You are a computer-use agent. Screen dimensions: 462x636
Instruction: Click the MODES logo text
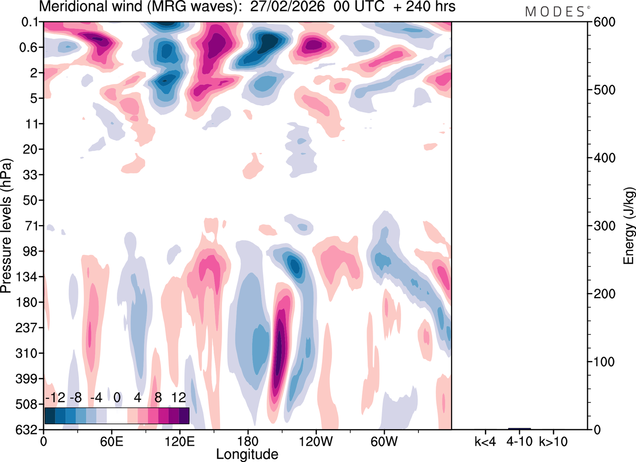(555, 11)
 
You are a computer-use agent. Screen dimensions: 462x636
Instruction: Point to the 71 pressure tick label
(31, 226)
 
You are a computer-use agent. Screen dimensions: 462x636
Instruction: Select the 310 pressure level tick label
(28, 353)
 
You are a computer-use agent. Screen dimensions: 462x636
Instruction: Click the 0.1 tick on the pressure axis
(31, 22)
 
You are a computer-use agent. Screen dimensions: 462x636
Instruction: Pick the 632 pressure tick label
(28, 430)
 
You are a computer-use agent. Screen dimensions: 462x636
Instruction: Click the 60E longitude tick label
(111, 441)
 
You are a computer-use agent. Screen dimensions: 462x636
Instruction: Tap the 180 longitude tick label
(248, 441)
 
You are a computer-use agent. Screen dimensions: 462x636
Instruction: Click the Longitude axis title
(247, 454)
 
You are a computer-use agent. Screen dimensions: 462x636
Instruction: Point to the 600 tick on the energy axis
(600, 22)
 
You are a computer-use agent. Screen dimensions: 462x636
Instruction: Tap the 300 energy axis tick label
(600, 226)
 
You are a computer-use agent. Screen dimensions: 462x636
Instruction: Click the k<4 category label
(485, 441)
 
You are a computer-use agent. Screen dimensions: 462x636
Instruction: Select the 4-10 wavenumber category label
(519, 441)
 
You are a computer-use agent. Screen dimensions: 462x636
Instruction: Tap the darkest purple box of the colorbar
(184, 415)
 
